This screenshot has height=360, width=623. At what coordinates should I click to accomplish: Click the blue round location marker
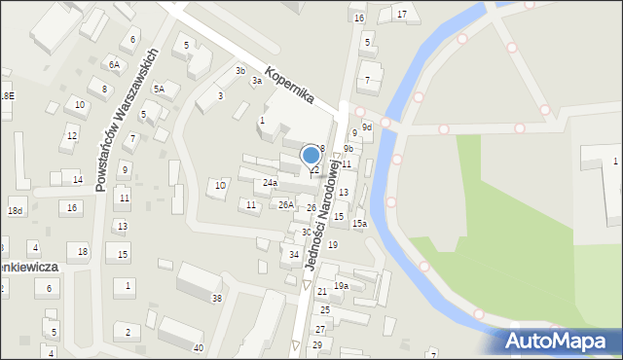tap(311, 155)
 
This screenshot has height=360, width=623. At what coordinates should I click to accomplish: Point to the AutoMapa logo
tap(558, 341)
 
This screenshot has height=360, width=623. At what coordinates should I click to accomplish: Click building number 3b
tap(239, 70)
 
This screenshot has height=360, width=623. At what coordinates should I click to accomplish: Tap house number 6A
tap(114, 64)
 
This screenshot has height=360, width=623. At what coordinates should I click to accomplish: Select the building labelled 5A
tap(159, 89)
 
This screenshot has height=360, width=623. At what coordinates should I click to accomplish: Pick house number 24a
tap(270, 182)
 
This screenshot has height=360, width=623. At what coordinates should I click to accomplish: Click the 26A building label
tap(285, 204)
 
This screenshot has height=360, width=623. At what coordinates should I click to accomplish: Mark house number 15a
tap(359, 224)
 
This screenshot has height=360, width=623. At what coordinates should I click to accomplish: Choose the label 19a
tap(341, 285)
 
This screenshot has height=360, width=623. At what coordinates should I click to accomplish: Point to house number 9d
tap(367, 126)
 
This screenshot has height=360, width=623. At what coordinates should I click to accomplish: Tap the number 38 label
tap(217, 298)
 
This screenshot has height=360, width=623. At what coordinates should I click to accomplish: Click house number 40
tap(198, 347)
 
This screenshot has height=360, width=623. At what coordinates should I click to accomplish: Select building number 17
tap(402, 15)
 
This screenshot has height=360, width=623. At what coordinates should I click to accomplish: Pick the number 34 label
tap(294, 254)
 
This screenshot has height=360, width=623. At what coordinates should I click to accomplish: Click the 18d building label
tap(15, 210)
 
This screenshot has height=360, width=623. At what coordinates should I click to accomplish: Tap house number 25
tap(325, 309)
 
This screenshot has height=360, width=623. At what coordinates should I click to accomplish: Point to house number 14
tap(78, 179)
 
